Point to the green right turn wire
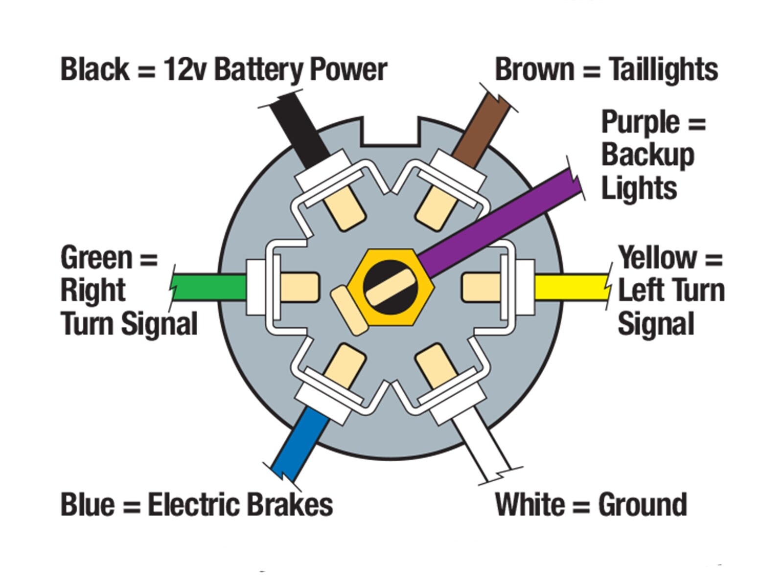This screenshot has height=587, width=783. (x=209, y=287)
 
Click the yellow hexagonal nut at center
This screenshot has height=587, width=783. (x=391, y=287)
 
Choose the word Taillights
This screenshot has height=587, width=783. (x=664, y=70)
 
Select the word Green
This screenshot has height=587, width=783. (x=96, y=257)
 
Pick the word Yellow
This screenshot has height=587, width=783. (x=657, y=257)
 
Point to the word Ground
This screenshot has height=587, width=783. (x=643, y=505)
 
